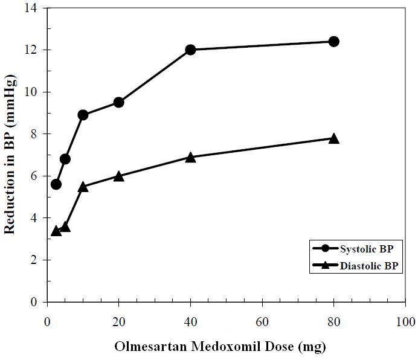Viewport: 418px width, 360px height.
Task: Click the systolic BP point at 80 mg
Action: pyautogui.click(x=333, y=42)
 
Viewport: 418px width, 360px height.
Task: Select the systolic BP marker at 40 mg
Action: pyautogui.click(x=190, y=50)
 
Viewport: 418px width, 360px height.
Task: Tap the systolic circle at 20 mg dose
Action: pyautogui.click(x=118, y=102)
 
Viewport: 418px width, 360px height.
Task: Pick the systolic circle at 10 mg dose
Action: pyautogui.click(x=83, y=115)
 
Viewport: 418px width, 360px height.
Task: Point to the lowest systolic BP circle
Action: pyautogui.click(x=56, y=184)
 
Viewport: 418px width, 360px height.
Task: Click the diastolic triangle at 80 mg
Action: pyautogui.click(x=333, y=138)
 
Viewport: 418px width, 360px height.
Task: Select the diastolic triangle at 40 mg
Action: pyautogui.click(x=190, y=157)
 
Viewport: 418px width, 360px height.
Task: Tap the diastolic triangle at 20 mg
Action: pyautogui.click(x=118, y=176)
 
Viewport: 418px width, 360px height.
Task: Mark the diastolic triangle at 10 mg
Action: pyautogui.click(x=83, y=187)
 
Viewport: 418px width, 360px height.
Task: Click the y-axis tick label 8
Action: pyautogui.click(x=34, y=134)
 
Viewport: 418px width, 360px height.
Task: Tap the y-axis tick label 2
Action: pyautogui.click(x=34, y=260)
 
